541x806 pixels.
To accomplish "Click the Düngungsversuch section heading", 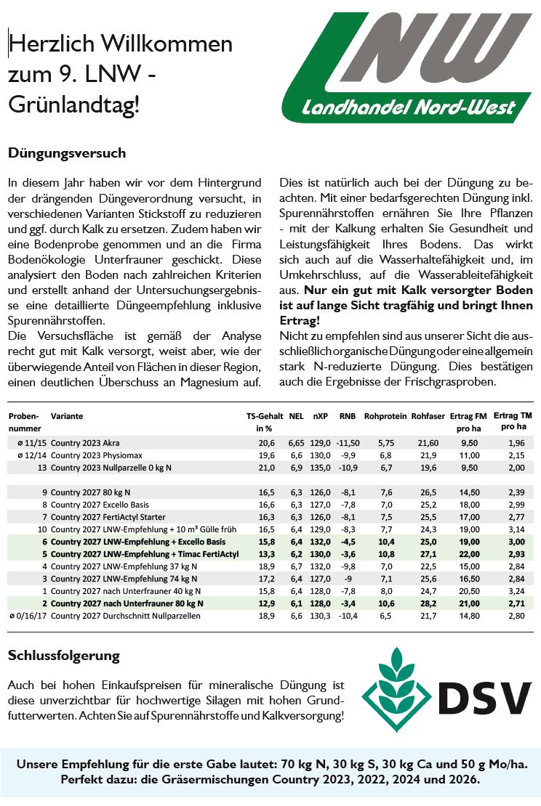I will (x=67, y=153).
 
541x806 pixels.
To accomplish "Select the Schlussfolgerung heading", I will (x=63, y=656).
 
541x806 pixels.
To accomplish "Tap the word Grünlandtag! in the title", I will (x=73, y=105).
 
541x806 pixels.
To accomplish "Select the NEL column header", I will (x=296, y=417).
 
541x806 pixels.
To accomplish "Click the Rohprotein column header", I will (x=384, y=417).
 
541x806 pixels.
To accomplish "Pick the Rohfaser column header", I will (x=428, y=417).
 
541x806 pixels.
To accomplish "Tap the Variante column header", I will (x=67, y=417).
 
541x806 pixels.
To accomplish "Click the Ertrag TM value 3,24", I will (x=516, y=591).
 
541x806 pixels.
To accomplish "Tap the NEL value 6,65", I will (x=296, y=442).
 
